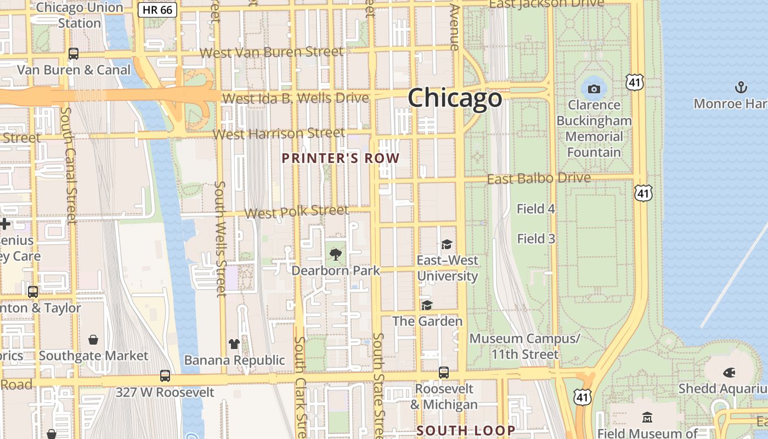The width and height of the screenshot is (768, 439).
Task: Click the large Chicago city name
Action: (x=454, y=98)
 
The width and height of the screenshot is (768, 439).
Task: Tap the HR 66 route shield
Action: (x=157, y=10)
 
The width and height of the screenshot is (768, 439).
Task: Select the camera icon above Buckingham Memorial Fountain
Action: (x=594, y=89)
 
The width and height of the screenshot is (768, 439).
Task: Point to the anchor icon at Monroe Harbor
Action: (x=741, y=87)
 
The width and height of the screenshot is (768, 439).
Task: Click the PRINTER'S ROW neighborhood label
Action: (x=340, y=159)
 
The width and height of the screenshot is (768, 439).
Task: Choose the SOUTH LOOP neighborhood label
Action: (x=466, y=430)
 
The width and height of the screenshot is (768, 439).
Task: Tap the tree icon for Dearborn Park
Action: (x=335, y=254)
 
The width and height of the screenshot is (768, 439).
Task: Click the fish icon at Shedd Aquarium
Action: (x=729, y=373)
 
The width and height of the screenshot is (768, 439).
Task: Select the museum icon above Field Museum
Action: (x=647, y=418)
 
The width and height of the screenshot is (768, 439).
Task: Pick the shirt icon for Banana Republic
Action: (x=234, y=344)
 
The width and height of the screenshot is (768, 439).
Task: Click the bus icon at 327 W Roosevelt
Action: (x=165, y=376)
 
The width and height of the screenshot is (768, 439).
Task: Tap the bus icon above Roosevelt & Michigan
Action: (x=443, y=373)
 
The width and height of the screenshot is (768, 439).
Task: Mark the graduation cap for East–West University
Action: (x=447, y=244)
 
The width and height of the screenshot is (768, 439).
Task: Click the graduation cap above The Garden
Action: (x=427, y=305)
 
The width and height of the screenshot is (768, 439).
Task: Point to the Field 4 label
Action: (x=536, y=209)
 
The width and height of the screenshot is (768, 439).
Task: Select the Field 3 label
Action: (x=536, y=239)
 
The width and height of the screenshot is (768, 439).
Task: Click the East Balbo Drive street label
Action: (x=539, y=178)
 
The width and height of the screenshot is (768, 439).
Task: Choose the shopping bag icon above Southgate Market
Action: (x=93, y=340)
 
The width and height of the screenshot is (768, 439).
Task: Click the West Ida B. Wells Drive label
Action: (x=296, y=98)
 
